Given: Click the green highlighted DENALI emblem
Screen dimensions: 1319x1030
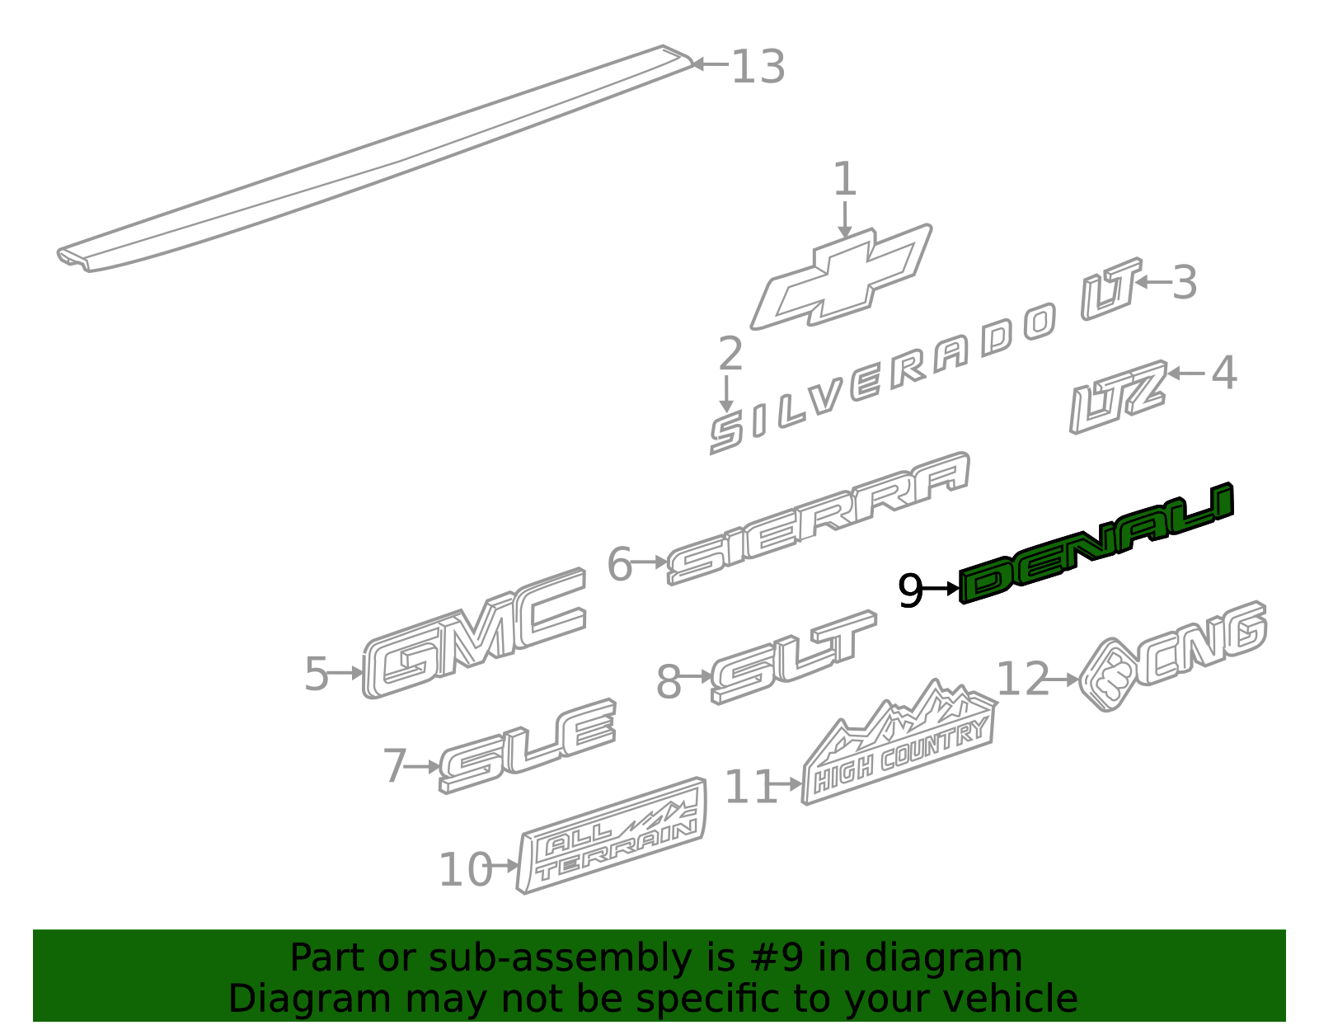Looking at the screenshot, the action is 1096,543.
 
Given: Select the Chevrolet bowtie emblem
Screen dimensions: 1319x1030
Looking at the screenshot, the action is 842,277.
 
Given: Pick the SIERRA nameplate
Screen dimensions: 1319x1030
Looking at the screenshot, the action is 819,518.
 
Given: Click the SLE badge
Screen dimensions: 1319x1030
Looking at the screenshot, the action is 528,745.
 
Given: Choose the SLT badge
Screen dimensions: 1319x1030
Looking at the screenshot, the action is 793,656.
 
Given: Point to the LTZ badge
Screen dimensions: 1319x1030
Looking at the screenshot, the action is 1118,397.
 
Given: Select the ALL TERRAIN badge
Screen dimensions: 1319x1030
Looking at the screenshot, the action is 611,835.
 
